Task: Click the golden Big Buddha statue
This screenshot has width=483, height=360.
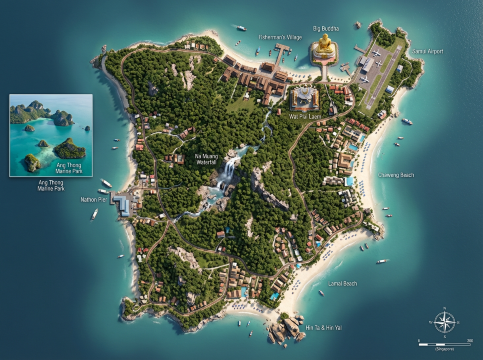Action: point(325,50)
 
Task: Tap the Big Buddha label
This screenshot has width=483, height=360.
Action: point(326,28)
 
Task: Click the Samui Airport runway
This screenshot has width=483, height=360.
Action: point(384,72)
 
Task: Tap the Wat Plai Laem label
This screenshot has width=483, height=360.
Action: point(304,116)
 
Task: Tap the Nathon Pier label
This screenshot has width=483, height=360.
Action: point(97,199)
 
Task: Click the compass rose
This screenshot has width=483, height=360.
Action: point(445,322)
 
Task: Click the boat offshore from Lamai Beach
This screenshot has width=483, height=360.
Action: point(381,262)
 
